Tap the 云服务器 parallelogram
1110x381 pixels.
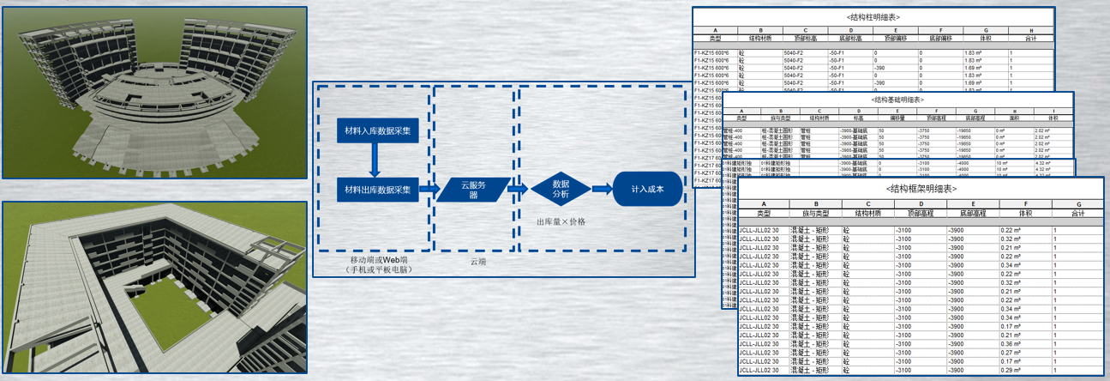click(x=471, y=189)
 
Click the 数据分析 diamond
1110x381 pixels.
click(x=561, y=189)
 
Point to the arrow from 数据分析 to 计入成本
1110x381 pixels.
click(x=602, y=189)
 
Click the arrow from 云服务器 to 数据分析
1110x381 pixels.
click(x=517, y=189)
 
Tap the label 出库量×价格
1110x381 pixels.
click(x=561, y=222)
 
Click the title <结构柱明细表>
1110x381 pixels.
click(x=873, y=17)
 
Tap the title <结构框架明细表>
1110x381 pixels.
click(x=920, y=189)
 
